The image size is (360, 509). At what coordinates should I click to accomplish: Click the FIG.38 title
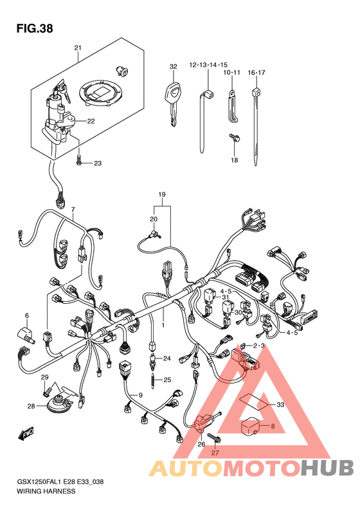pos(35,28)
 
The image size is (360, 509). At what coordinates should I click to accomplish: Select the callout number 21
pos(78,48)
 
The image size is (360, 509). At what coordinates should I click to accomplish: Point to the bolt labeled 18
pos(235,138)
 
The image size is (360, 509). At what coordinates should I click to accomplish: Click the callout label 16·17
pos(256,72)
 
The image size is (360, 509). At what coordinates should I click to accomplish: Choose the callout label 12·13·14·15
pos(208,65)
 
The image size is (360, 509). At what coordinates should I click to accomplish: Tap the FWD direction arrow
pos(26,434)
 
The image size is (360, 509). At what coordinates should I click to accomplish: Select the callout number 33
pos(280,405)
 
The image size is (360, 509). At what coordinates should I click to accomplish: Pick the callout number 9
pos(140,395)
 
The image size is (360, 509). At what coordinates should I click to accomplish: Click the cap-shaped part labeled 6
pos(26,335)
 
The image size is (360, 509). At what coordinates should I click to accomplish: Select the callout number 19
pos(162,194)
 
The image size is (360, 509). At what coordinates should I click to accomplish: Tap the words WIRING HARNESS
pos(46,491)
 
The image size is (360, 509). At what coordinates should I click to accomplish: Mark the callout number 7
pos(73,209)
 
